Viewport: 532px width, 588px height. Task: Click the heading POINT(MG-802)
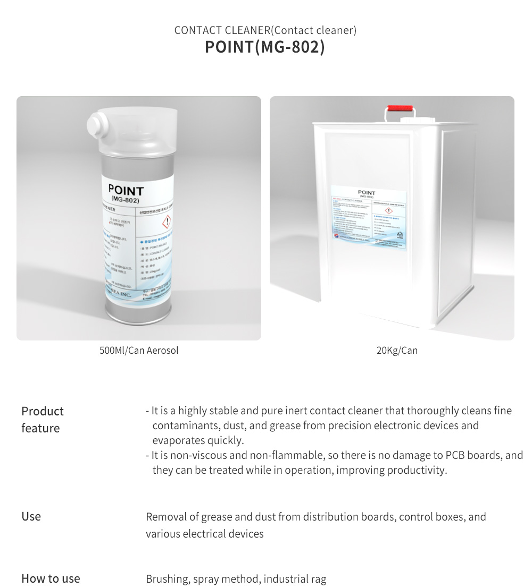click(x=265, y=47)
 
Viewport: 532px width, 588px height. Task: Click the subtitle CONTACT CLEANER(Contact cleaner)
click(x=265, y=30)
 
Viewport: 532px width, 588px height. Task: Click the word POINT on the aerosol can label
click(x=126, y=190)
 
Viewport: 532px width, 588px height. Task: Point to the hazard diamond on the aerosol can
click(x=167, y=222)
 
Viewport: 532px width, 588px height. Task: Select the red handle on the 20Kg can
click(x=401, y=109)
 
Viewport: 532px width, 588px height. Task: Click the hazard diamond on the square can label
click(x=388, y=211)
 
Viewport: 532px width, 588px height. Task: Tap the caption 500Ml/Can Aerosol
click(x=139, y=351)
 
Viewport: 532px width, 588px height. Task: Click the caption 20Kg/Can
click(x=397, y=351)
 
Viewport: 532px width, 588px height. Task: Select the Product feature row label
click(x=43, y=420)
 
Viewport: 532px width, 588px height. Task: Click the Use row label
click(x=31, y=516)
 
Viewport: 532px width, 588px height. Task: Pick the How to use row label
click(x=51, y=578)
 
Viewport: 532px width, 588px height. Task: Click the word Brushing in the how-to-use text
click(x=167, y=579)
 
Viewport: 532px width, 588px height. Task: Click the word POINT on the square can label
click(x=367, y=193)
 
